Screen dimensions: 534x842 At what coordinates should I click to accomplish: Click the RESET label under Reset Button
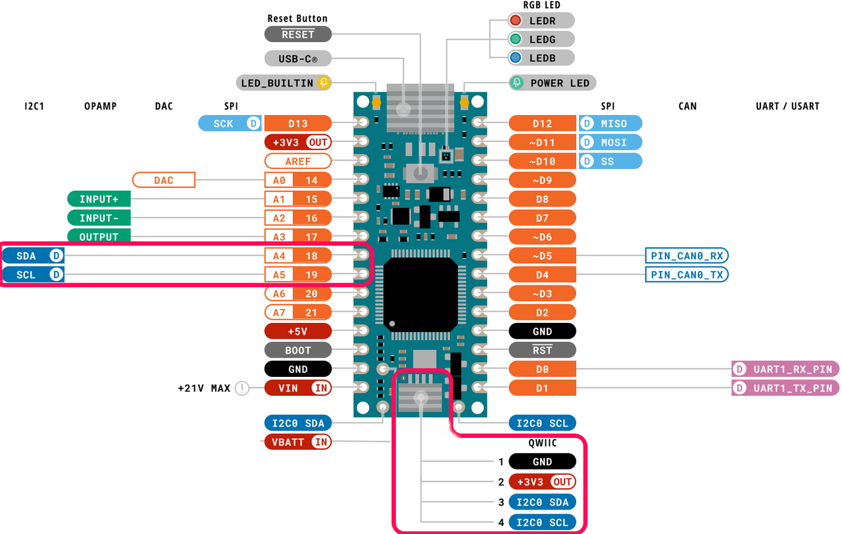tap(298, 34)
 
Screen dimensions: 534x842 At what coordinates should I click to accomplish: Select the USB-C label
tap(298, 59)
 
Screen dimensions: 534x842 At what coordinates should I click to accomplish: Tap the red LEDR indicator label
tap(541, 20)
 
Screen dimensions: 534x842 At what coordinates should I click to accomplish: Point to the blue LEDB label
tap(541, 58)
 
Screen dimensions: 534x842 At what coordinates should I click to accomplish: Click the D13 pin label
tap(297, 123)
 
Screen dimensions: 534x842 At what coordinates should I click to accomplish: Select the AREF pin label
tap(297, 161)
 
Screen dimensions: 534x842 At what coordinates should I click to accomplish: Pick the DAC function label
tap(164, 180)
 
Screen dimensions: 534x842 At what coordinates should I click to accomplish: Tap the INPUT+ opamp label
tap(99, 199)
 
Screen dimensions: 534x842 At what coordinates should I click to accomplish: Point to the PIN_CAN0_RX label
tap(687, 256)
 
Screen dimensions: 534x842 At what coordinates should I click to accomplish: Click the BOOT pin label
tap(297, 351)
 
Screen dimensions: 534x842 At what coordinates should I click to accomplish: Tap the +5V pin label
tap(297, 331)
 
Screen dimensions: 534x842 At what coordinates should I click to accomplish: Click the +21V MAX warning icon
tap(242, 388)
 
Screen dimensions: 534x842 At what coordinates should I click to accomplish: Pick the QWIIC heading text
tap(543, 443)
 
